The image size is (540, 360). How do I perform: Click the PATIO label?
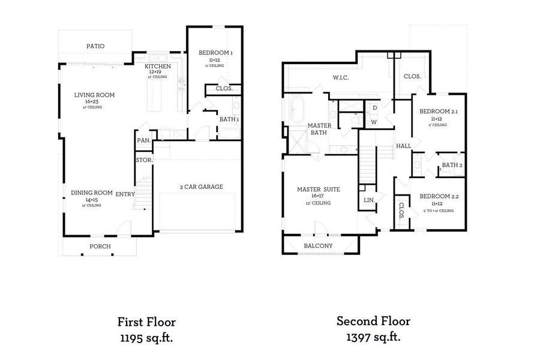(x=95, y=46)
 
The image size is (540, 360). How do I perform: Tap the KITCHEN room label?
(x=158, y=66)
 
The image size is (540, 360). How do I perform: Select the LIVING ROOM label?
(x=94, y=95)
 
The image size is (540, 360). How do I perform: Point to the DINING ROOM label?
(x=92, y=193)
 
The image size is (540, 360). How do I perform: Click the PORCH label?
(x=100, y=247)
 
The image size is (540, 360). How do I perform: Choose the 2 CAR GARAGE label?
(x=201, y=187)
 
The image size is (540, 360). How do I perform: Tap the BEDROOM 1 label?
(x=215, y=53)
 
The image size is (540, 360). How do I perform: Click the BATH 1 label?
(x=229, y=119)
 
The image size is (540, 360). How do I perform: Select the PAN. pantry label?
(x=143, y=140)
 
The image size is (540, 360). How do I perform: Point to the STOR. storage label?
(x=144, y=160)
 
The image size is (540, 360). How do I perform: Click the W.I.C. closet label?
(x=341, y=78)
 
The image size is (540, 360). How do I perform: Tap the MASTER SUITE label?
(x=318, y=190)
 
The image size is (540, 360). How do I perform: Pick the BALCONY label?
(x=318, y=246)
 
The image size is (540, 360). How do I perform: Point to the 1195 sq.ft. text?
(x=147, y=338)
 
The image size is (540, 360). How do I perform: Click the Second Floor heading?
(x=373, y=322)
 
